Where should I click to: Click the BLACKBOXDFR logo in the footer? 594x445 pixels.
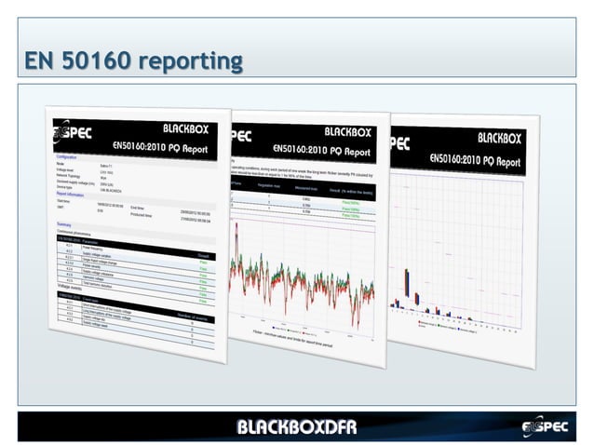(x=296, y=427)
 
